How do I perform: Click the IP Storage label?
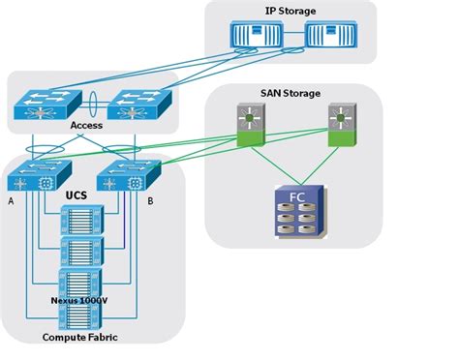(x=291, y=11)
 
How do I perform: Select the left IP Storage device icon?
(x=257, y=36)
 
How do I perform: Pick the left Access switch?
(x=45, y=106)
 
